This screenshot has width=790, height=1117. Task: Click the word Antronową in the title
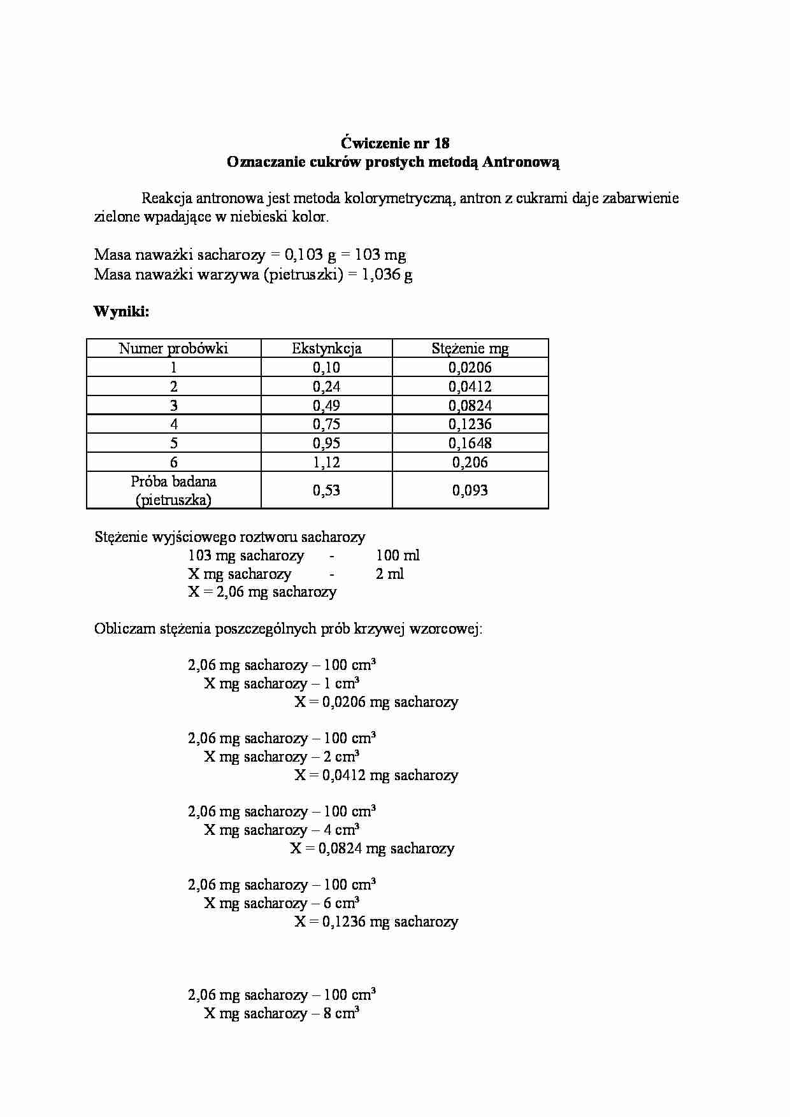click(x=521, y=162)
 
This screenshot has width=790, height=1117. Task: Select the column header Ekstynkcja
click(x=326, y=348)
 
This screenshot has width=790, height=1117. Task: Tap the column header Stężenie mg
click(x=470, y=348)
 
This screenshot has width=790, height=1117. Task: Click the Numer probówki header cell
click(x=173, y=348)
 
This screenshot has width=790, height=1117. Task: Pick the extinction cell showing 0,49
click(x=326, y=406)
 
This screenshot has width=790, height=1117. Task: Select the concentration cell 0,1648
click(x=470, y=443)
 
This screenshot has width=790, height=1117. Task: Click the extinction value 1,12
click(x=326, y=462)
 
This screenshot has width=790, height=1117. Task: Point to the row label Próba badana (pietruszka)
click(x=173, y=490)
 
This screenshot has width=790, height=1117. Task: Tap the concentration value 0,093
click(x=470, y=490)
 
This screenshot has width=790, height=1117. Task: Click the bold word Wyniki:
click(x=121, y=311)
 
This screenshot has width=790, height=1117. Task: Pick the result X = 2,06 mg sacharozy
click(x=262, y=592)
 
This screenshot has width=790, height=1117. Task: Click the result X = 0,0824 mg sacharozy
click(x=372, y=848)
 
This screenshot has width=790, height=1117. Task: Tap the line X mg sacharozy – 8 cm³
click(x=281, y=1013)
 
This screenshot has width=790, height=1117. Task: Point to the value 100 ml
click(x=398, y=555)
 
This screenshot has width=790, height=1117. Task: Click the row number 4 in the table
click(x=173, y=424)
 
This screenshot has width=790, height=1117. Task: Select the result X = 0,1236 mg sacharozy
click(x=376, y=921)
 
